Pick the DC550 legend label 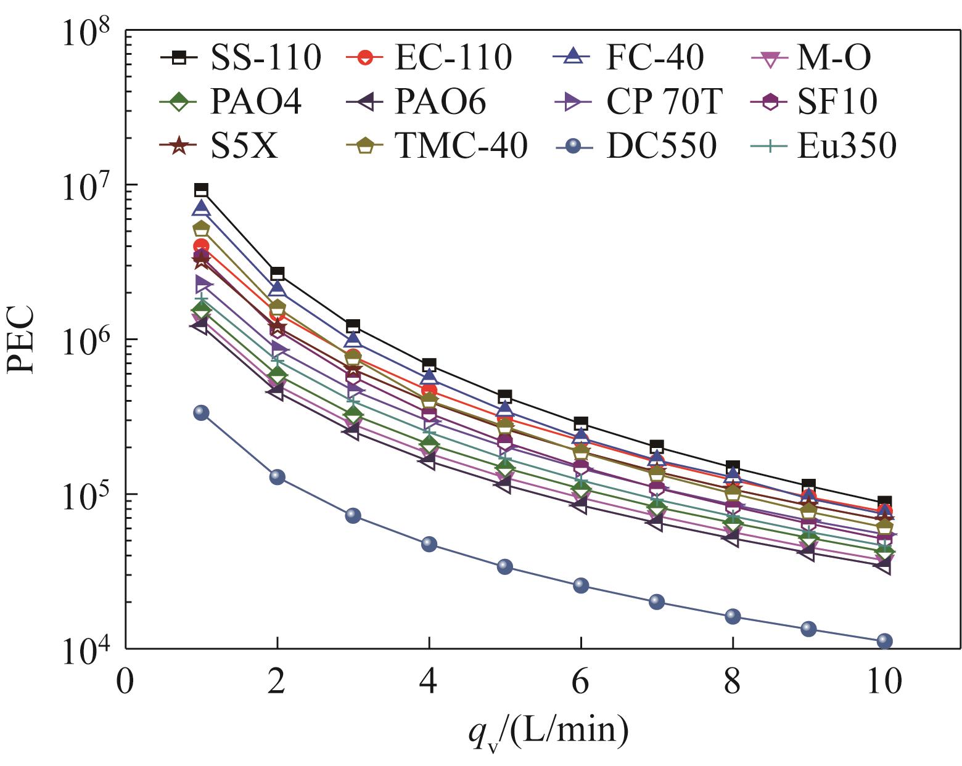pos(661,147)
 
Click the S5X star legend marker pos(179,147)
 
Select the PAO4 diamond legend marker pos(179,102)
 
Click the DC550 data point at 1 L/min pos(201,413)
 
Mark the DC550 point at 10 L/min pos(884,641)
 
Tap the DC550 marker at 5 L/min pos(505,566)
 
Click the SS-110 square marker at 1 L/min pos(201,190)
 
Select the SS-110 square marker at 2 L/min pos(277,273)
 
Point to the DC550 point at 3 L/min pos(353,515)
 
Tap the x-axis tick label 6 pos(580,682)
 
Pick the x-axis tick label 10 pos(884,682)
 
